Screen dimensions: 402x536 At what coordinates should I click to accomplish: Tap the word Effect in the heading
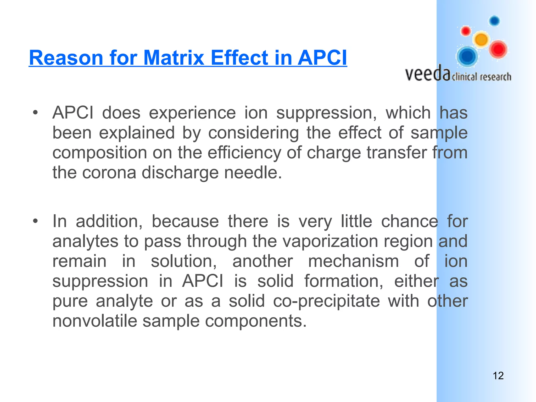pos(239,58)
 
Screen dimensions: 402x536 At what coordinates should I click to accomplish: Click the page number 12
pos(498,376)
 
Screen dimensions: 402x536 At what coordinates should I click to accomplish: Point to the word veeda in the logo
pos(428,74)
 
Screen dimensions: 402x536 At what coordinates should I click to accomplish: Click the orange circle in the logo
pos(481,40)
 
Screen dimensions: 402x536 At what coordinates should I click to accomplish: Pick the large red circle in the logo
pos(498,49)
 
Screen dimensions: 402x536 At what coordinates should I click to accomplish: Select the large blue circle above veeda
pos(467,56)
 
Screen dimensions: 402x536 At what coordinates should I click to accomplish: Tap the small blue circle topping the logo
pos(494,21)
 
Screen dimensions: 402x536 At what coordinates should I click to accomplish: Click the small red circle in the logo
pos(466,31)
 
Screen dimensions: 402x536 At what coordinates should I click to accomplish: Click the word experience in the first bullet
pos(192,113)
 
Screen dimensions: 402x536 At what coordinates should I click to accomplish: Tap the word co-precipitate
pos(326,301)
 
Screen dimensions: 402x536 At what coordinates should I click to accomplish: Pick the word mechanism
pos(353,261)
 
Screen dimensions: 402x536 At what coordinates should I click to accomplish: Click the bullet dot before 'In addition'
pos(35,221)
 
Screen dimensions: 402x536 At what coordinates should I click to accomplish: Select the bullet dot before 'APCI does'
pos(35,113)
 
